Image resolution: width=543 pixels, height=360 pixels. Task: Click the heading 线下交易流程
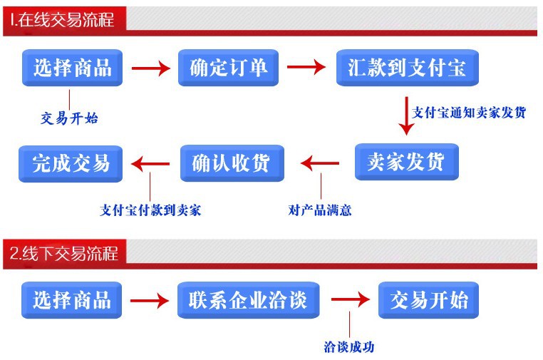click(x=63, y=252)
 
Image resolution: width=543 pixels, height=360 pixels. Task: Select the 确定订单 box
click(x=228, y=68)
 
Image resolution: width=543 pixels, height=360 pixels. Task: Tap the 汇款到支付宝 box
click(x=407, y=68)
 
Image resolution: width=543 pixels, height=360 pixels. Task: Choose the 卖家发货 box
click(x=406, y=162)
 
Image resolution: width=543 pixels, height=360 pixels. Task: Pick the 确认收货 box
click(x=232, y=163)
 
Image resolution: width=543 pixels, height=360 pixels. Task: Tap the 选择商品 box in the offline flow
click(x=71, y=299)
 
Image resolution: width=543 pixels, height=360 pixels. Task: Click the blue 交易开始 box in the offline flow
click(x=428, y=299)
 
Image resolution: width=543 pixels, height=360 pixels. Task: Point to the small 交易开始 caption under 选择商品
click(x=69, y=118)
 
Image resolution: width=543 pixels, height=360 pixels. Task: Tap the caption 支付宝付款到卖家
click(x=150, y=210)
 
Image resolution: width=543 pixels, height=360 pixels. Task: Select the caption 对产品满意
click(x=320, y=210)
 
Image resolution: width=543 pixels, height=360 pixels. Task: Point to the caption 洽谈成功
click(x=348, y=347)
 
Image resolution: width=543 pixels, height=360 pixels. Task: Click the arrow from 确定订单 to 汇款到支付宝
click(x=306, y=68)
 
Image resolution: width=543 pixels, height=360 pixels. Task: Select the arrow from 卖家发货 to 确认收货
click(x=320, y=163)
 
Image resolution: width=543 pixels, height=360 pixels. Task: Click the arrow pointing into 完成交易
click(x=151, y=163)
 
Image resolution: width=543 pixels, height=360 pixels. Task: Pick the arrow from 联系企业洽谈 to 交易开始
click(x=350, y=300)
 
